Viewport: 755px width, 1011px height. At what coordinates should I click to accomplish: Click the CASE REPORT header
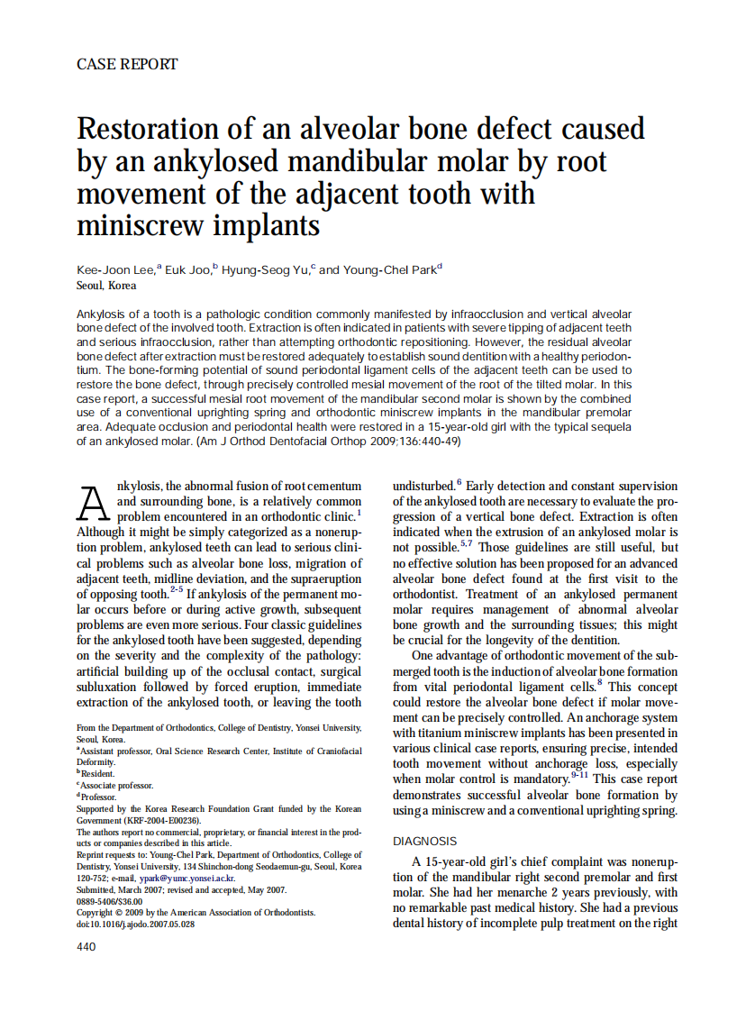pyautogui.click(x=127, y=64)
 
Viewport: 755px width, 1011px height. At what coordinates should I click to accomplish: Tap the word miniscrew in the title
pyautogui.click(x=135, y=224)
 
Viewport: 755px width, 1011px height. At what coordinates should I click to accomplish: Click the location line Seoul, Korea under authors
pyautogui.click(x=107, y=285)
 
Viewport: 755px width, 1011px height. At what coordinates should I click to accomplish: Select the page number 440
pyautogui.click(x=86, y=946)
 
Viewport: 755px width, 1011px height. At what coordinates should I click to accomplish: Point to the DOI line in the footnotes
pyautogui.click(x=135, y=924)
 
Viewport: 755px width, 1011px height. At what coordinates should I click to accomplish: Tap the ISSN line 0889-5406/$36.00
pyautogui.click(x=110, y=900)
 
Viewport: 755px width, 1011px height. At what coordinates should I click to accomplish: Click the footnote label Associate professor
pyautogui.click(x=117, y=785)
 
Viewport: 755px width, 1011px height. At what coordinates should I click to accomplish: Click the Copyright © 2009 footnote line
pyautogui.click(x=196, y=912)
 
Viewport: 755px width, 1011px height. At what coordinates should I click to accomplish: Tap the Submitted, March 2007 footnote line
pyautogui.click(x=182, y=889)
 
